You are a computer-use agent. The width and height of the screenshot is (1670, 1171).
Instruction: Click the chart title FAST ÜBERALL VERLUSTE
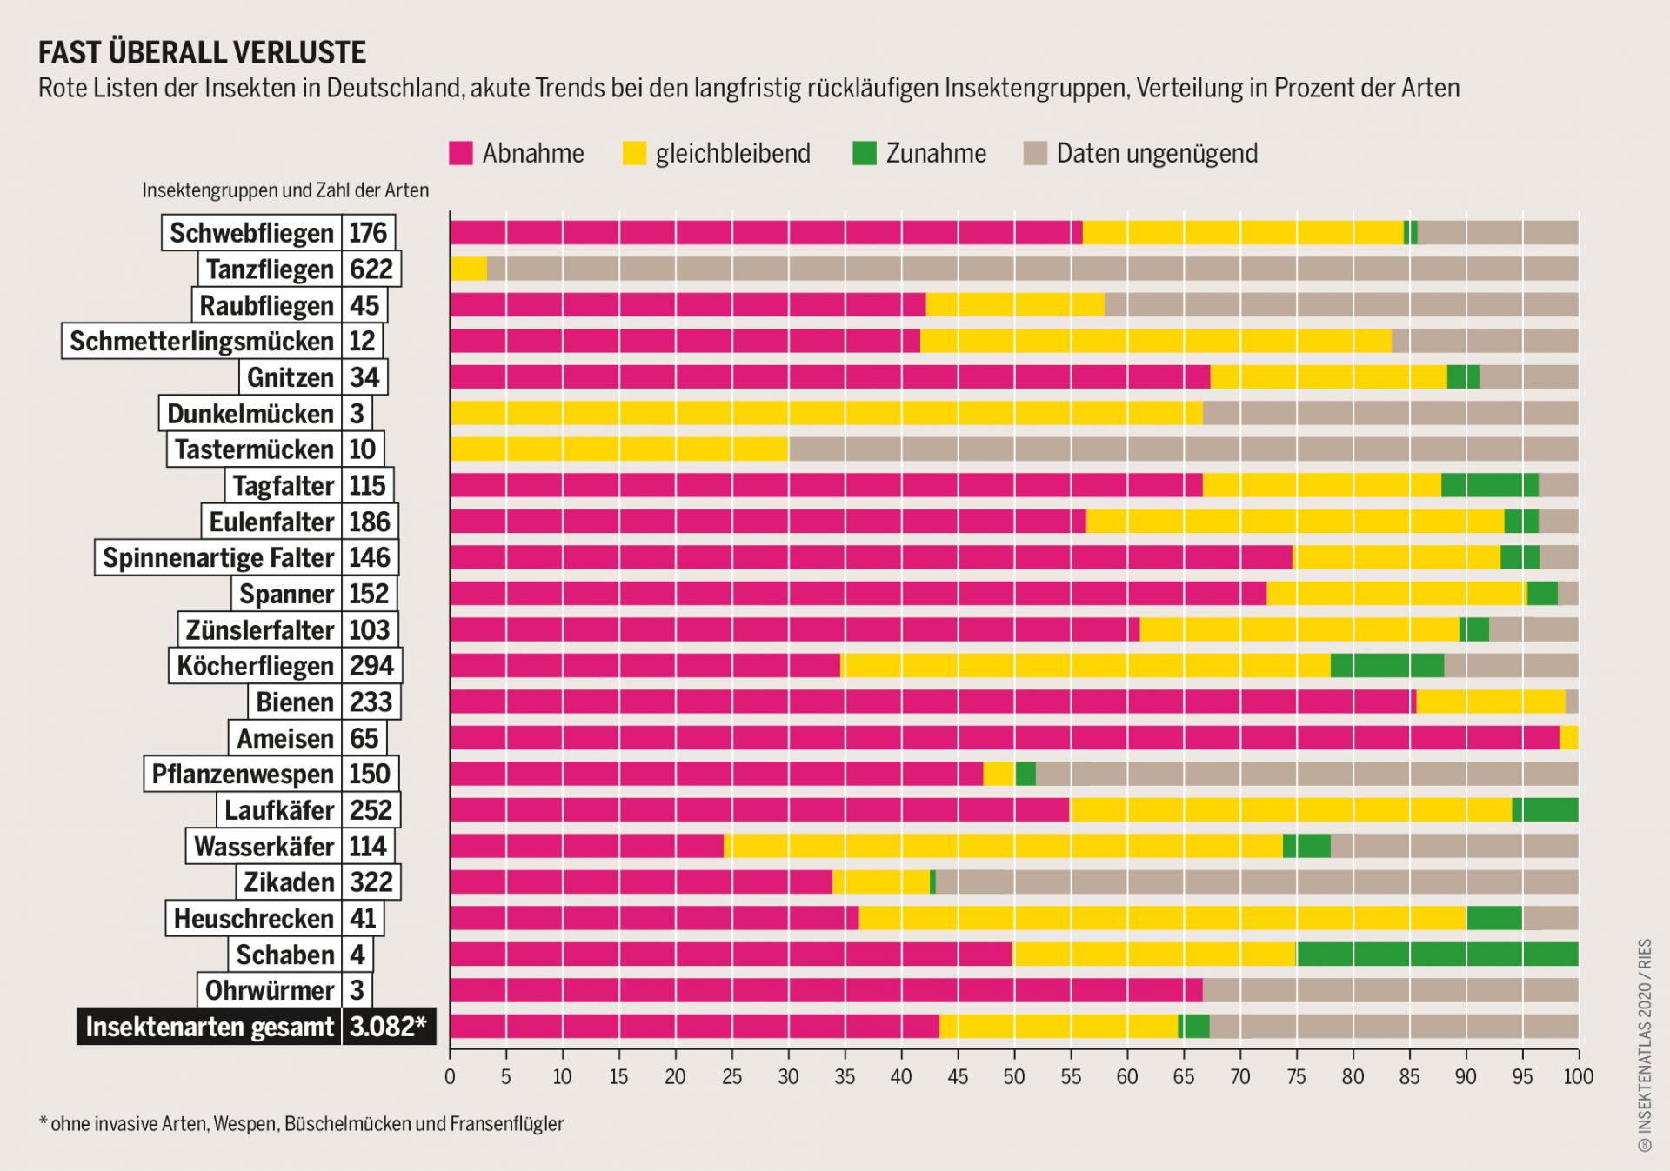pyautogui.click(x=202, y=53)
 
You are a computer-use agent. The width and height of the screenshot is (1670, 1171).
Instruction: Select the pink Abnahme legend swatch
pyautogui.click(x=461, y=154)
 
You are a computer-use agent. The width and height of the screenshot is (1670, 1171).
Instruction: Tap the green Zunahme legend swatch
pyautogui.click(x=864, y=154)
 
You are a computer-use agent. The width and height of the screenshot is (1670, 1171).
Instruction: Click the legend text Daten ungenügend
pyautogui.click(x=1157, y=154)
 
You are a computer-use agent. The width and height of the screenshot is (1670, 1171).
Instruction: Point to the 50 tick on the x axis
pyautogui.click(x=1014, y=1076)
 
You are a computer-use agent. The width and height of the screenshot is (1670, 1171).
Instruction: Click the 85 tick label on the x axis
pyautogui.click(x=1409, y=1076)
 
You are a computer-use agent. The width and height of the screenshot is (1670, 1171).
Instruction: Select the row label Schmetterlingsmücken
pyautogui.click(x=202, y=341)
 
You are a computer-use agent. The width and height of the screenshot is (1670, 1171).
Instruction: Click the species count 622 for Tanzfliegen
pyautogui.click(x=371, y=269)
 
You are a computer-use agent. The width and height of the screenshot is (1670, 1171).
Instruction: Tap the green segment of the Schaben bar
pyautogui.click(x=1437, y=954)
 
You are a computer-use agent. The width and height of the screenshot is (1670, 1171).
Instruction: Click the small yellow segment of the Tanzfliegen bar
pyautogui.click(x=469, y=269)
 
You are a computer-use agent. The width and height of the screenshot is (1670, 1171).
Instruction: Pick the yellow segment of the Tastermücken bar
pyautogui.click(x=618, y=449)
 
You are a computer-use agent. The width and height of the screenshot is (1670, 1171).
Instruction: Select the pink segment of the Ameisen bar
pyautogui.click(x=1004, y=738)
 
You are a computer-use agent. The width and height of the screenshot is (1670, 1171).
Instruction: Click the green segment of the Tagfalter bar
pyautogui.click(x=1489, y=485)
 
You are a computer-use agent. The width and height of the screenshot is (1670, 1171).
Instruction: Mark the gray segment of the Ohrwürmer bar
pyautogui.click(x=1390, y=990)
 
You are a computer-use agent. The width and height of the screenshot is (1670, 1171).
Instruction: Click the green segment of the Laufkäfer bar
pyautogui.click(x=1545, y=810)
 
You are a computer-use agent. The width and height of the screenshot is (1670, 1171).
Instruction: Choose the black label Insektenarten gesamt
pyautogui.click(x=210, y=1027)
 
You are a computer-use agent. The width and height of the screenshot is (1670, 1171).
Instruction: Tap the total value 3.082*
pyautogui.click(x=388, y=1027)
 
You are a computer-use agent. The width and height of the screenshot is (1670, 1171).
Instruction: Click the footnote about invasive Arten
pyautogui.click(x=301, y=1124)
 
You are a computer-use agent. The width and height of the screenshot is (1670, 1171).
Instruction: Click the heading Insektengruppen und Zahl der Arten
pyautogui.click(x=285, y=190)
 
